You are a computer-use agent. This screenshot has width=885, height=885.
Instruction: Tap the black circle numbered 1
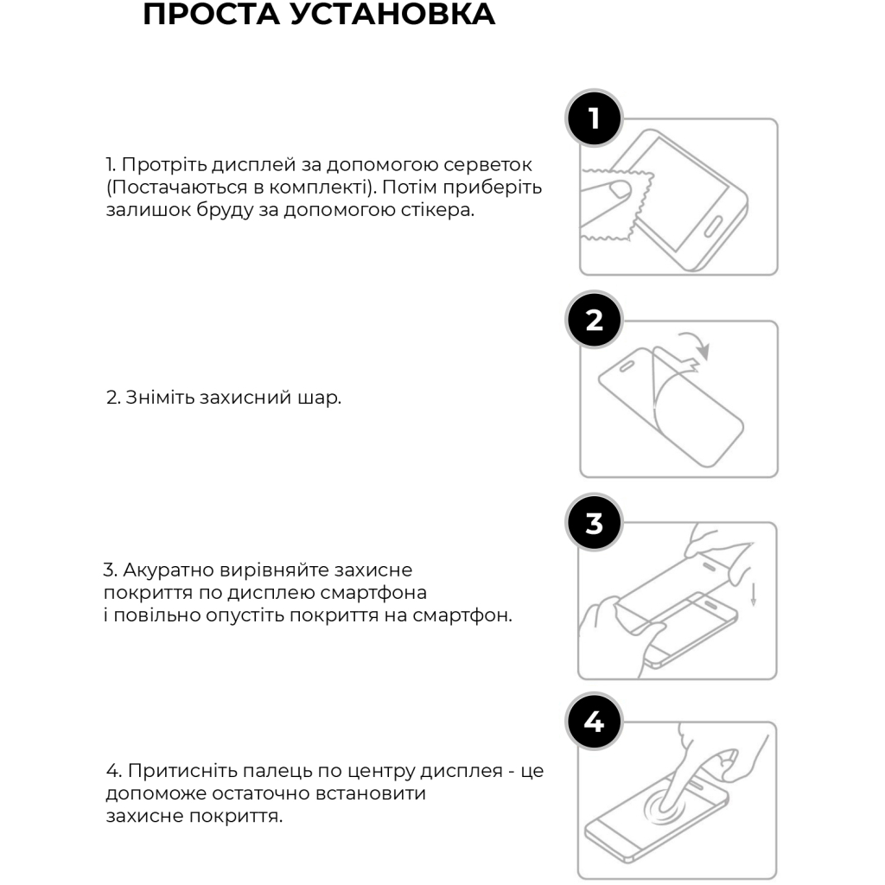tap(594, 118)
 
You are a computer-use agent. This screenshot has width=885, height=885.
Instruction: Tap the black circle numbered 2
tap(594, 320)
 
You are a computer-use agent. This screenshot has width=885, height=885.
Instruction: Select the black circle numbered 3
tap(594, 523)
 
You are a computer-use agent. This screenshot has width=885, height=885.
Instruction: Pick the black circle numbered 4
tap(594, 722)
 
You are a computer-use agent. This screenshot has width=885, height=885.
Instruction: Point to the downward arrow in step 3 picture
tap(753, 594)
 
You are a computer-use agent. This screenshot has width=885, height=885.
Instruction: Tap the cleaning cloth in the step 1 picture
tap(605, 207)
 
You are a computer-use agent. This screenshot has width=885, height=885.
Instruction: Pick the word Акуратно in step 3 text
tap(164, 570)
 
